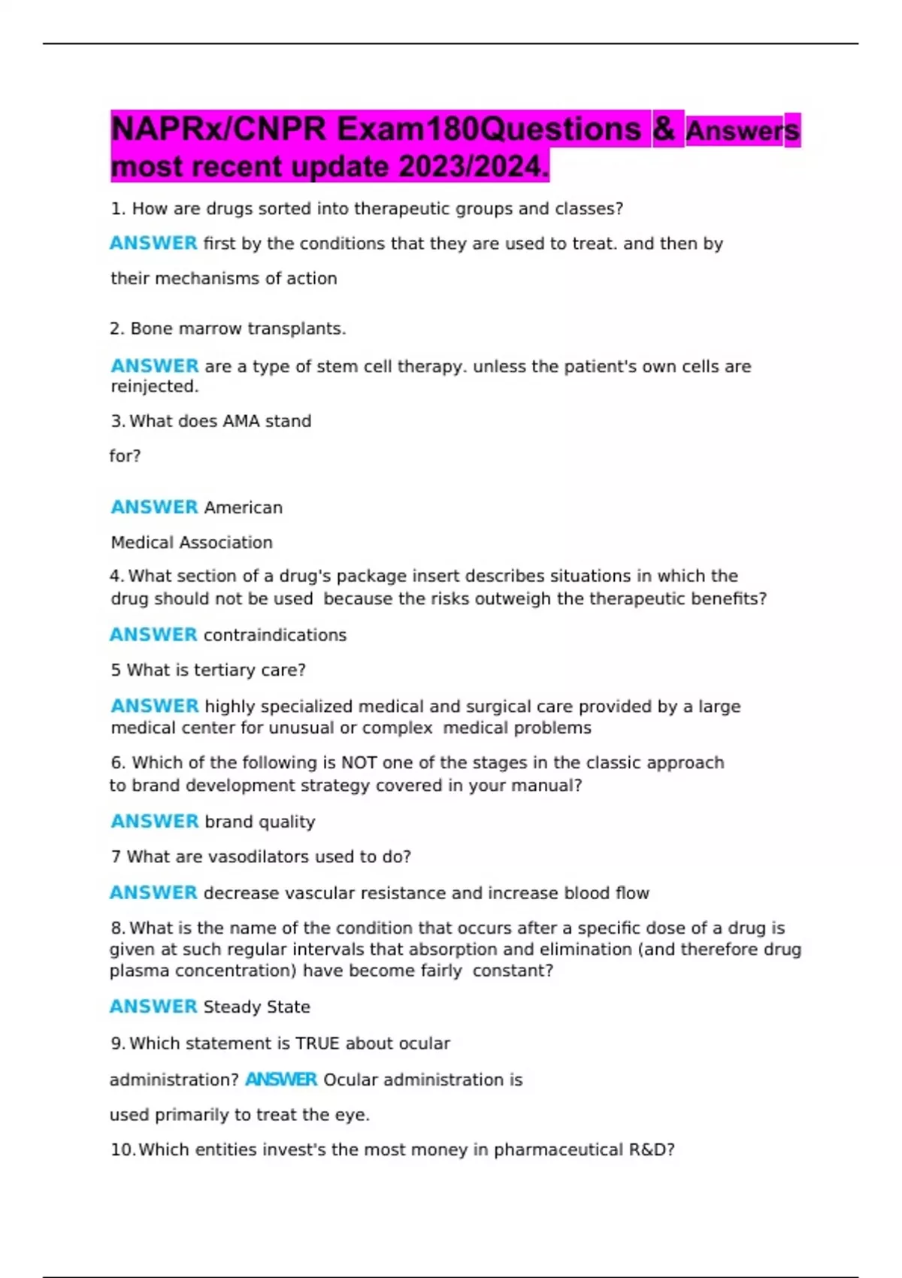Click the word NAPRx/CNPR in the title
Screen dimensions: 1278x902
219,129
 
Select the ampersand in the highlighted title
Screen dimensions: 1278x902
664,129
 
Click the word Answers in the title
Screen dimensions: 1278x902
743,131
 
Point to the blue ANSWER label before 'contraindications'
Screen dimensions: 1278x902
153,634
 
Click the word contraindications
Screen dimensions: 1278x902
275,635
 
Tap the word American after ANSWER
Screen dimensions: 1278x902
244,507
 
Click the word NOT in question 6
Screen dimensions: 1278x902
359,762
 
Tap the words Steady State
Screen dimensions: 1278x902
257,1007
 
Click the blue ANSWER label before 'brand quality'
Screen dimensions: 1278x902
155,821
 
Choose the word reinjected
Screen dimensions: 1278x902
155,386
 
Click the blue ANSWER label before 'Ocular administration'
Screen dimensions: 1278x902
281,1080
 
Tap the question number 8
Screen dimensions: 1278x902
117,928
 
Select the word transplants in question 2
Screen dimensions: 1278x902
304,329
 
